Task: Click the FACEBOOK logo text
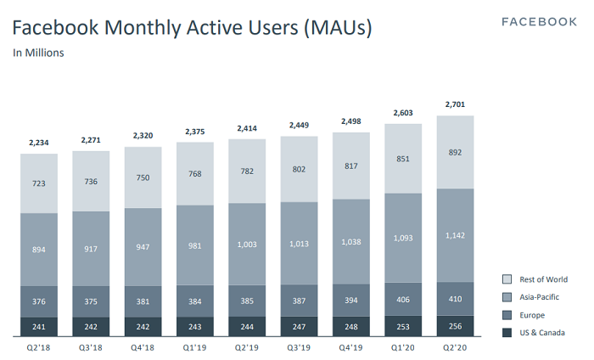pos(539,21)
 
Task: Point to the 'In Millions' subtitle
pos(39,53)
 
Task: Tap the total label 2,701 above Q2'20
pos(456,105)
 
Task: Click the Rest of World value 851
pos(404,158)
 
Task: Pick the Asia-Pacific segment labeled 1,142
pos(456,235)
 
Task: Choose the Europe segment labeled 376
pos(39,301)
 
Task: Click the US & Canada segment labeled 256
pos(456,327)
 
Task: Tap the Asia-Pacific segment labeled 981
pos(194,248)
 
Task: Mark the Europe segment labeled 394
pos(352,300)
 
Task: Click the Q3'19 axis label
pos(300,347)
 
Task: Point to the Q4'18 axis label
pos(143,347)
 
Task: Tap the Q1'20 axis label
pos(404,347)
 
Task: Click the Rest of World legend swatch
pos(507,279)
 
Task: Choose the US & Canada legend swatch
pos(507,333)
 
